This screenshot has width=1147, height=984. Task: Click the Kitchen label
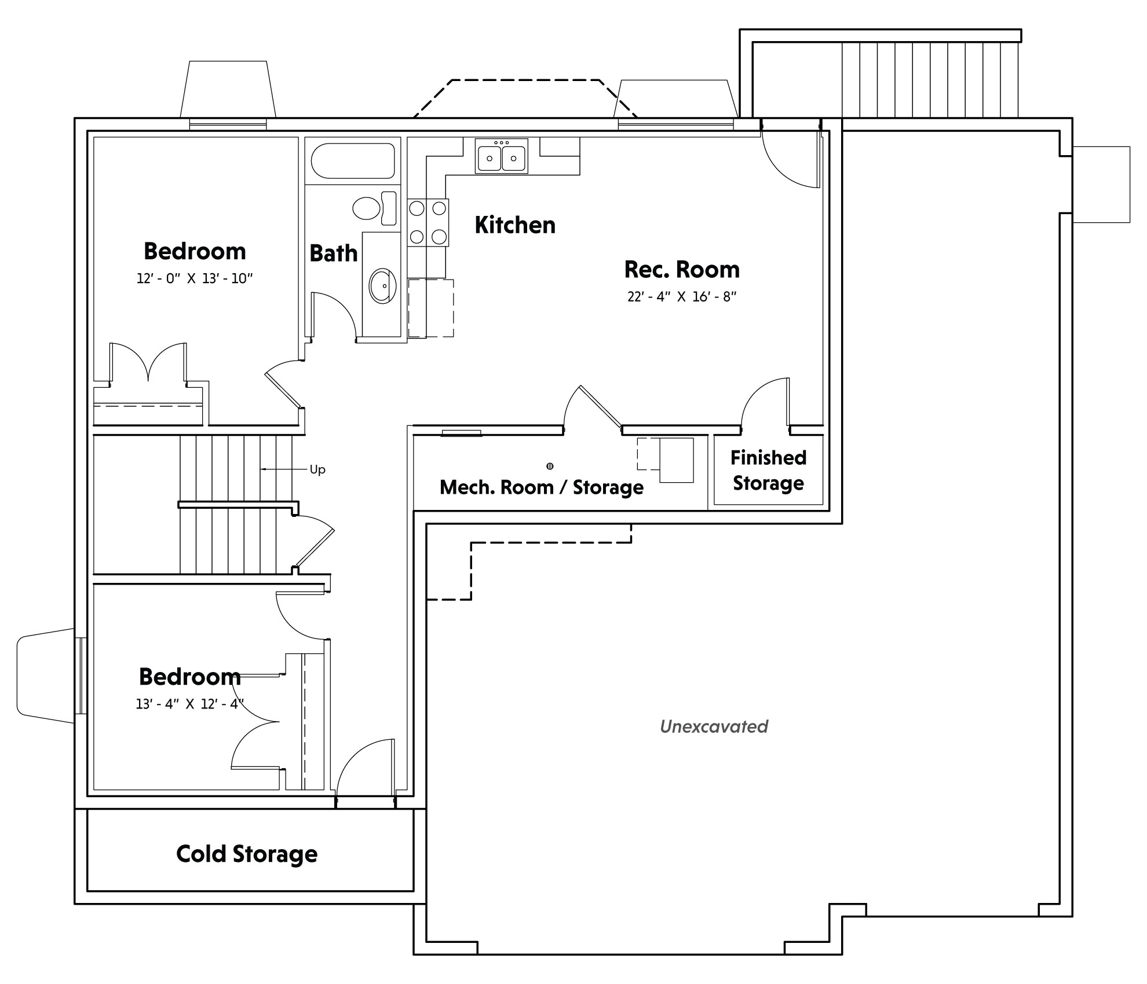coord(515,225)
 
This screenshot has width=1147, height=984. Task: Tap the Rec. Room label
coord(682,270)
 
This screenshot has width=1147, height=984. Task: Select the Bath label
coord(333,254)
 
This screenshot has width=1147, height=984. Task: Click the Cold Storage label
coord(247,854)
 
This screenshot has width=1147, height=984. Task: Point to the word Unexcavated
coord(714,726)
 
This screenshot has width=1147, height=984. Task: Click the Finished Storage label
coord(768,471)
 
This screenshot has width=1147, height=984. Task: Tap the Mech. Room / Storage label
coord(542,487)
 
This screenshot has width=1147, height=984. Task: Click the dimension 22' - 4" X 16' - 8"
coord(682,297)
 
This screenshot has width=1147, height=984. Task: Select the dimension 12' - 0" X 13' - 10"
coord(195,279)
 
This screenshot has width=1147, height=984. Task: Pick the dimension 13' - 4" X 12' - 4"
coord(189,704)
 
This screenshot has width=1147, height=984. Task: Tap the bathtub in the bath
coord(353,161)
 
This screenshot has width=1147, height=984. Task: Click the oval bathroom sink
coord(383,285)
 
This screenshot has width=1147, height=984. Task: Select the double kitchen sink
coord(502,156)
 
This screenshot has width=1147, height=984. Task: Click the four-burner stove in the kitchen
coord(428,223)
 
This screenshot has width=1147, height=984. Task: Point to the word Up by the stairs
coord(317,469)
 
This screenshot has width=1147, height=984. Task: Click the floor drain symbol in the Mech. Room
coord(550,466)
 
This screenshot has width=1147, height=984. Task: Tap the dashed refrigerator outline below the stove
coord(431,308)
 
